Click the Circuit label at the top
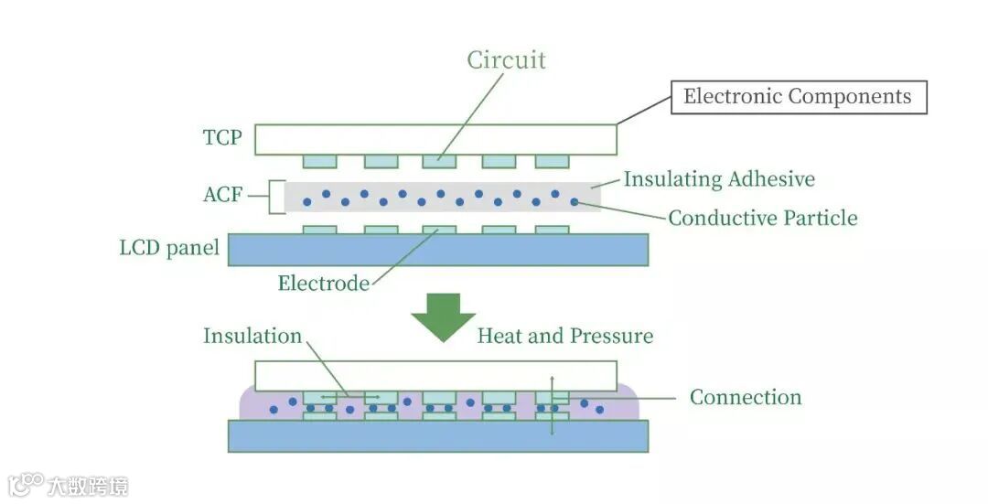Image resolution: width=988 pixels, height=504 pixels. pyautogui.click(x=506, y=60)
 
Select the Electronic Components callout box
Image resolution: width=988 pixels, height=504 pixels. pyautogui.click(x=798, y=97)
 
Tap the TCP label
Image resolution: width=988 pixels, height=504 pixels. pyautogui.click(x=222, y=138)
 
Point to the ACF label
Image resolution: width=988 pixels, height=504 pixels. pyautogui.click(x=223, y=195)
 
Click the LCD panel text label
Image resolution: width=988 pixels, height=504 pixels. pyautogui.click(x=169, y=248)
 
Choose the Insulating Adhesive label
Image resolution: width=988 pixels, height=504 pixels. pyautogui.click(x=719, y=179)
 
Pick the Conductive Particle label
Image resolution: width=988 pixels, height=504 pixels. pyautogui.click(x=763, y=218)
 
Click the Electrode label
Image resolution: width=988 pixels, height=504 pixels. pyautogui.click(x=324, y=284)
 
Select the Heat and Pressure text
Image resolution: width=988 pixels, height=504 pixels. pyautogui.click(x=565, y=336)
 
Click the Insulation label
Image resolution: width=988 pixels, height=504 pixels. pyautogui.click(x=252, y=336)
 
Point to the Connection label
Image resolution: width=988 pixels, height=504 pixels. pyautogui.click(x=746, y=397)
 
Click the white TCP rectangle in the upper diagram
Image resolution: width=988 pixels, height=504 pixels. pyautogui.click(x=435, y=139)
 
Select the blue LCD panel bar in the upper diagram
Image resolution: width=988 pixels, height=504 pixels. pyautogui.click(x=438, y=250)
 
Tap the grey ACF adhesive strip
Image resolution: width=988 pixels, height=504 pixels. pyautogui.click(x=443, y=197)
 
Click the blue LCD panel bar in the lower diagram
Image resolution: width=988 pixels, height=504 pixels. pyautogui.click(x=438, y=435)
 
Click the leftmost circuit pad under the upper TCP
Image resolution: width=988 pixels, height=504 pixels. pyautogui.click(x=320, y=161)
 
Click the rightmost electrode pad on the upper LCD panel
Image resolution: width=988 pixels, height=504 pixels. pyautogui.click(x=552, y=230)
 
